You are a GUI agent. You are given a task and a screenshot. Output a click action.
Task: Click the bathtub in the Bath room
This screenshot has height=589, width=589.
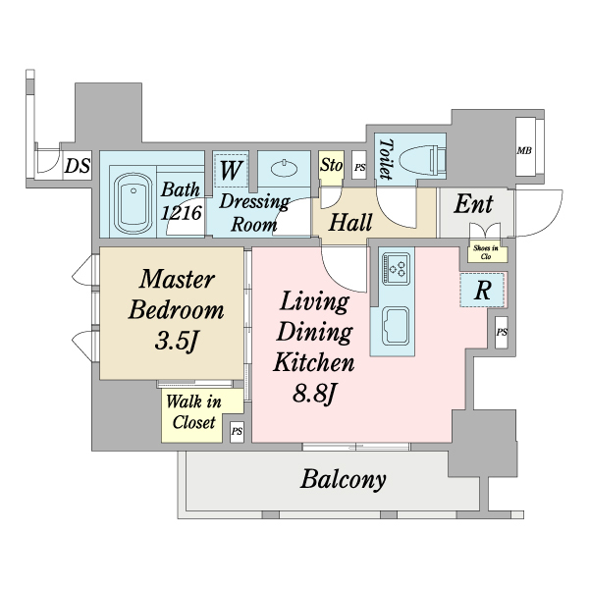tap(133, 203)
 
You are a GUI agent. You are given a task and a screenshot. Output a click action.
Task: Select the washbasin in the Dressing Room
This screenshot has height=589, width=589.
tap(285, 168)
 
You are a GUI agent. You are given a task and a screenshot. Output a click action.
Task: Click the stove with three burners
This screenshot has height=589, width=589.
tap(396, 269)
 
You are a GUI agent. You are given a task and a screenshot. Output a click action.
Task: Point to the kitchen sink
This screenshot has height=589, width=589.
tap(396, 326)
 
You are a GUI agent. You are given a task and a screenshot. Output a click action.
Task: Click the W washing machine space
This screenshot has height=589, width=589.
tap(231, 170)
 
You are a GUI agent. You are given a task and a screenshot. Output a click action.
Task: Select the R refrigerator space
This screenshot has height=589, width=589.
tap(482, 290)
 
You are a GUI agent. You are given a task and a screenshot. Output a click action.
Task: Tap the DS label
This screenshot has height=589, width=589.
tap(78, 166)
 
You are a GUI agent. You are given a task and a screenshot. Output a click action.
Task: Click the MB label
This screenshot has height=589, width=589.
tap(524, 150)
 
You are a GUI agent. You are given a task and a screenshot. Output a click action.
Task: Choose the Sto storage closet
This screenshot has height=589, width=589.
tap(331, 168)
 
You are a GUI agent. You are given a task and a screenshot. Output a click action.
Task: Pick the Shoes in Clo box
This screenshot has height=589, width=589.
tap(487, 253)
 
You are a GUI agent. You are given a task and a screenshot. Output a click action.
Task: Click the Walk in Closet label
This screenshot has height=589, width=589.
tap(193, 412)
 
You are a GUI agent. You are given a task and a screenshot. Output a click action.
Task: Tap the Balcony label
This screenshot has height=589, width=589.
tap(343, 479)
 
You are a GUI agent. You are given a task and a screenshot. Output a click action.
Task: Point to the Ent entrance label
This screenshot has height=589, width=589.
tap(473, 205)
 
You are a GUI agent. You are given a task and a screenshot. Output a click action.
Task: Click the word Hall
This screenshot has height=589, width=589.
tap(350, 222)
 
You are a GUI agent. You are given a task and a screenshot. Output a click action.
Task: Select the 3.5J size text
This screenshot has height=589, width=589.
tap(176, 341)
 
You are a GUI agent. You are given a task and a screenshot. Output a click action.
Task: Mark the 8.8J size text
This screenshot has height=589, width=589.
tap(314, 394)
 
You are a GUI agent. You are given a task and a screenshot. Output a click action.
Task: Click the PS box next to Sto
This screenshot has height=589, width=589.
tap(359, 167)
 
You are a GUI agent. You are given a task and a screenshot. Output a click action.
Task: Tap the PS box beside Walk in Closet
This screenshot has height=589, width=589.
tap(237, 431)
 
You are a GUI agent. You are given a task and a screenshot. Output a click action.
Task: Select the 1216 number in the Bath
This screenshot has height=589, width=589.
tap(181, 213)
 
